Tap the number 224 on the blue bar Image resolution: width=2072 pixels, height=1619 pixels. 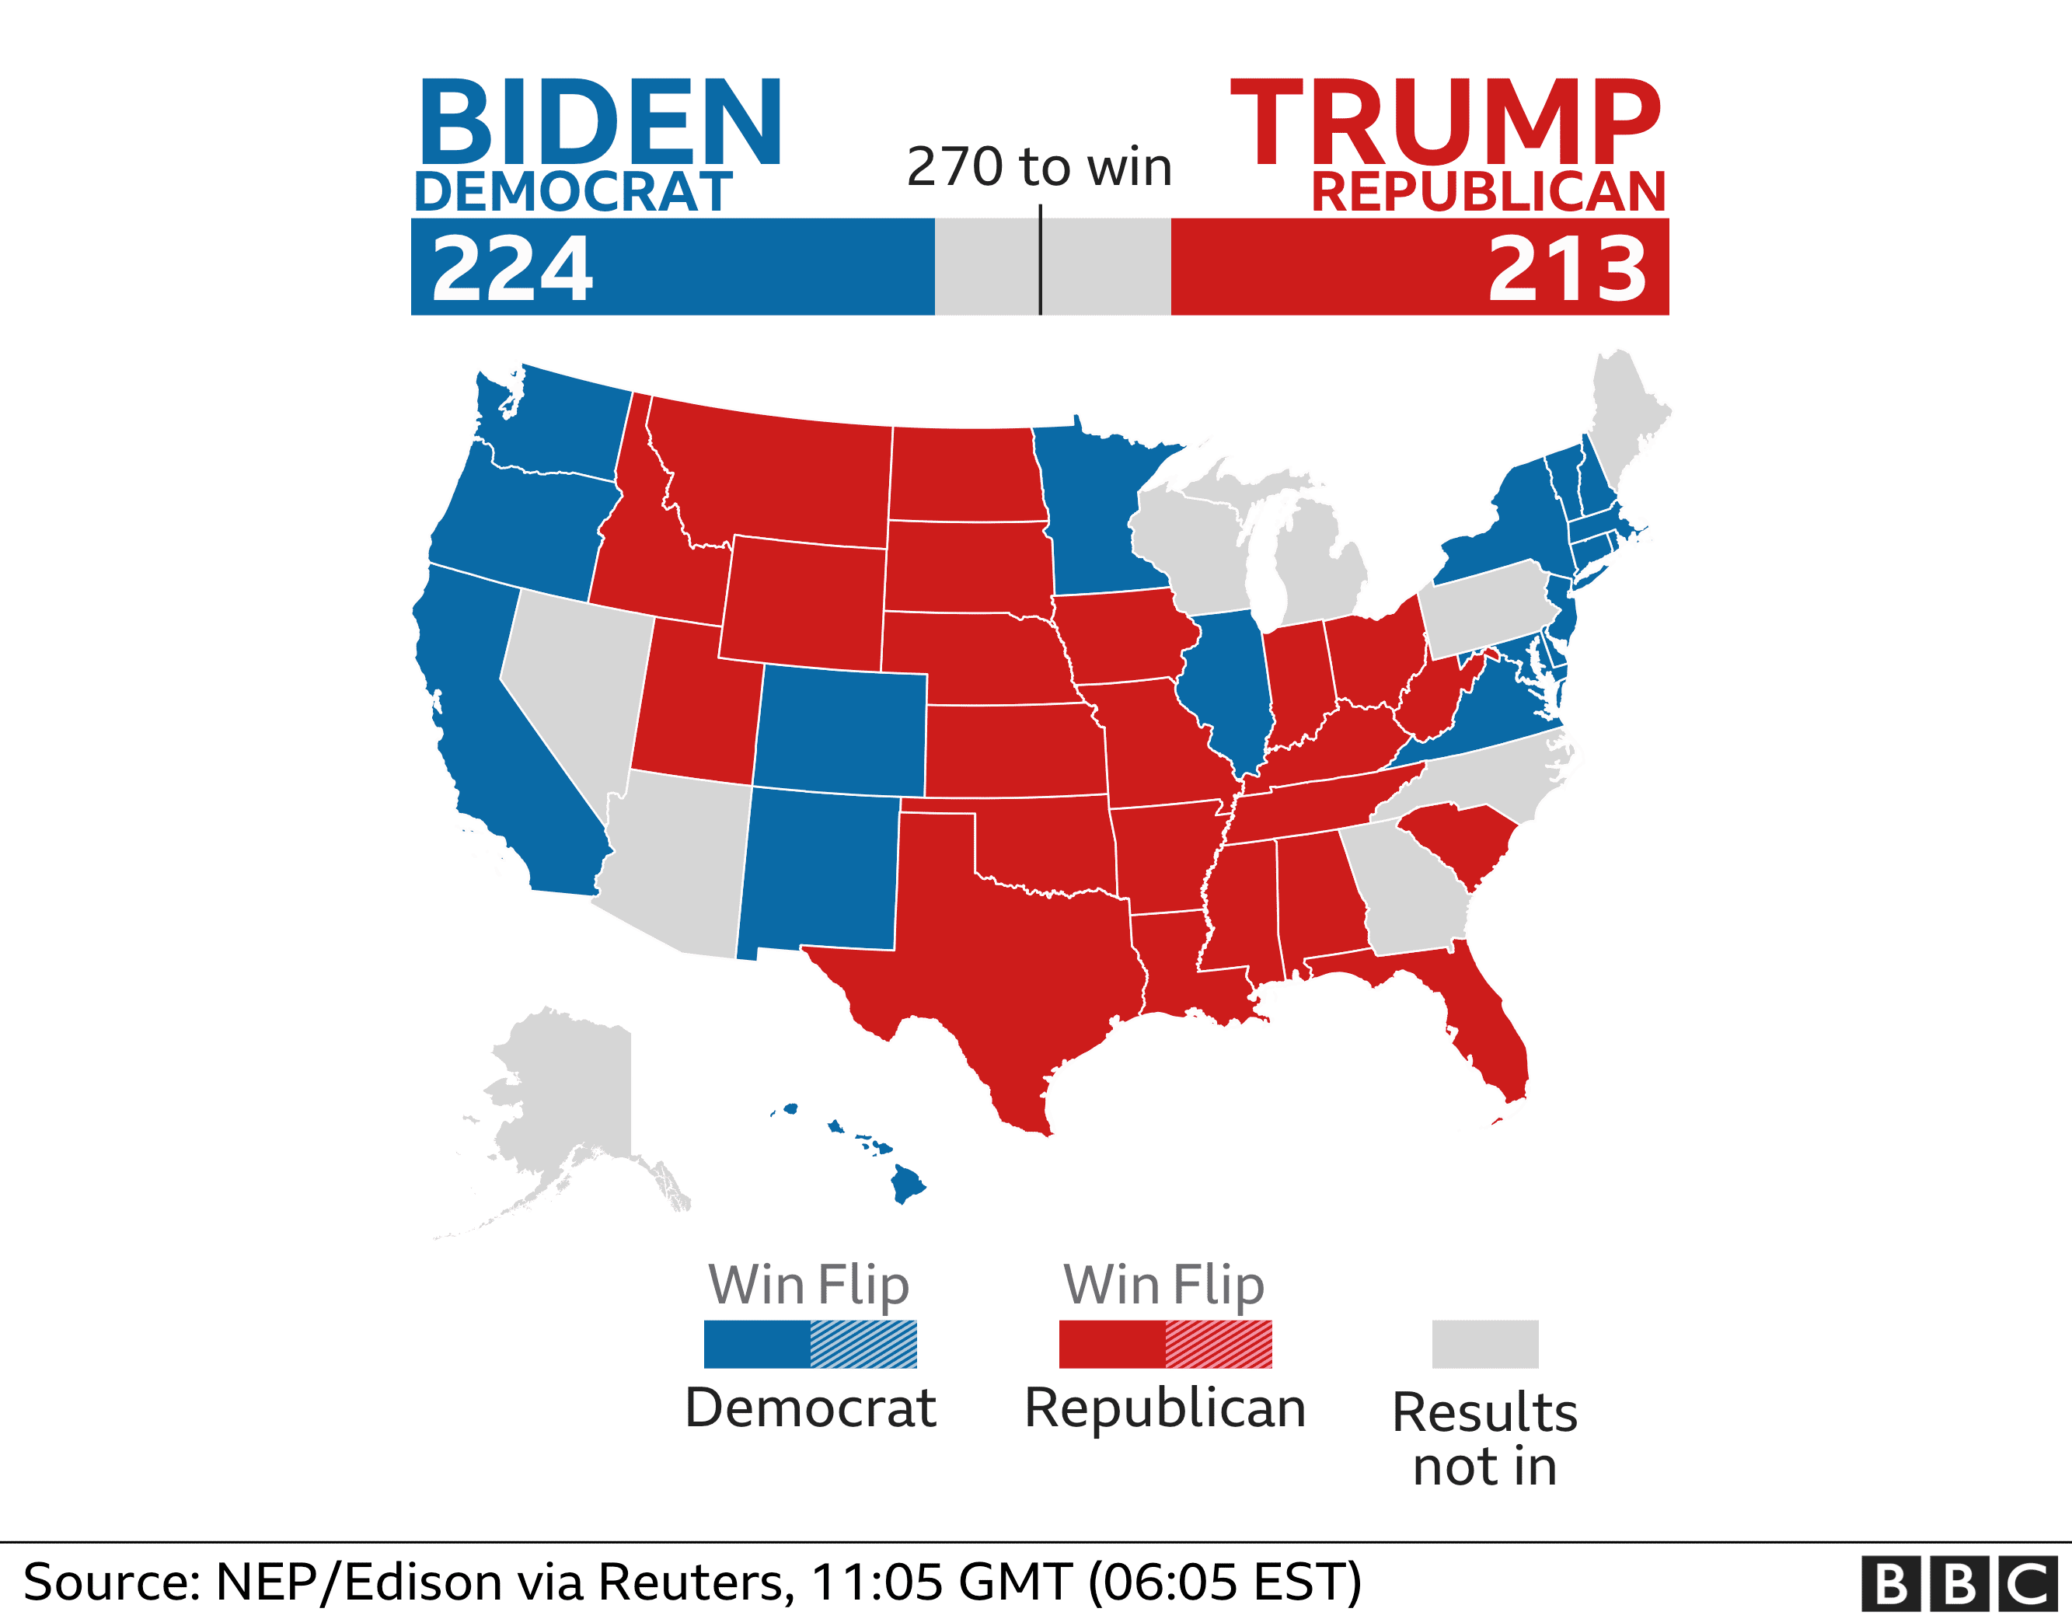(512, 270)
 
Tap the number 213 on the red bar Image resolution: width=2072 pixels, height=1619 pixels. (1568, 270)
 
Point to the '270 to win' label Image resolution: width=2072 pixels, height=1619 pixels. (1040, 167)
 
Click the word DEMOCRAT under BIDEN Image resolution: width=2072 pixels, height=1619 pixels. (573, 192)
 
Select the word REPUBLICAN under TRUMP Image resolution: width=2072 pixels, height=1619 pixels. (1488, 192)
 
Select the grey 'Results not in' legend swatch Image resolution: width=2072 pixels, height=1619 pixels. (1484, 1344)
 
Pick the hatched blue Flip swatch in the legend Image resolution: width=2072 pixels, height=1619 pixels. (863, 1344)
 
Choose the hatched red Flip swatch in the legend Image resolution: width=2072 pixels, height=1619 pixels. (1218, 1344)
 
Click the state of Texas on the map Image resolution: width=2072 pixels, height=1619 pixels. (1006, 940)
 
